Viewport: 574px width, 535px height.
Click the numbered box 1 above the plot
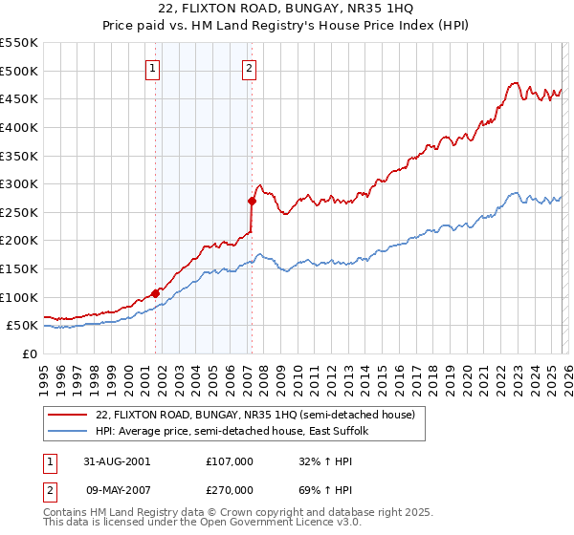[154, 68]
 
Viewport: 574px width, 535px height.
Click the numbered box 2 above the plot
[249, 68]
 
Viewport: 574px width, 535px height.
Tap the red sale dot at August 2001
[155, 293]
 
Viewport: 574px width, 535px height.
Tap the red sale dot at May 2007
[252, 201]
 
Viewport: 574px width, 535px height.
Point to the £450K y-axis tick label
[19, 98]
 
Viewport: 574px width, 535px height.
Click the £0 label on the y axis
[29, 353]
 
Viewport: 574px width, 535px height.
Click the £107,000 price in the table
[230, 460]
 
